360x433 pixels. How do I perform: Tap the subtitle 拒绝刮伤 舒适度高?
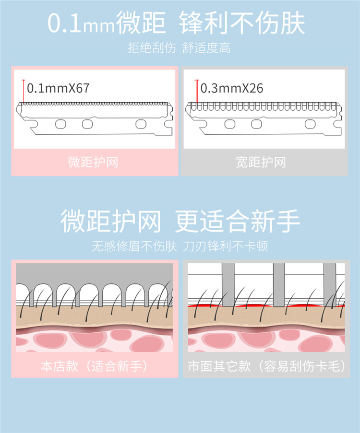(180, 48)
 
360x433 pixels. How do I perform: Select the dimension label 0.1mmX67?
(58, 88)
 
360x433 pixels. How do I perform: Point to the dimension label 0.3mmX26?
(231, 88)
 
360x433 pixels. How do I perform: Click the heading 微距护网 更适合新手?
(180, 221)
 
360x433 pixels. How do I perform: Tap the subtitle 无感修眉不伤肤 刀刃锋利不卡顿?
(180, 246)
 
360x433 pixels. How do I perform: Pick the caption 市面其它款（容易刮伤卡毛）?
(267, 366)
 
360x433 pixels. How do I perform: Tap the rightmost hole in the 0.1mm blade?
(140, 124)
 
